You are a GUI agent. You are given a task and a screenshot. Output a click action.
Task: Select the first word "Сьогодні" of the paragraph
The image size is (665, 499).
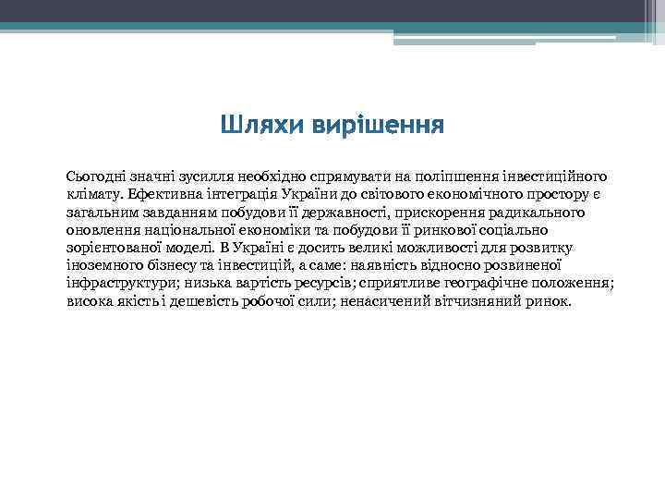click(x=97, y=176)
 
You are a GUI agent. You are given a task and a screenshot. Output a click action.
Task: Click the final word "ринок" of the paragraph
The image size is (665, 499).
click(x=550, y=302)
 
